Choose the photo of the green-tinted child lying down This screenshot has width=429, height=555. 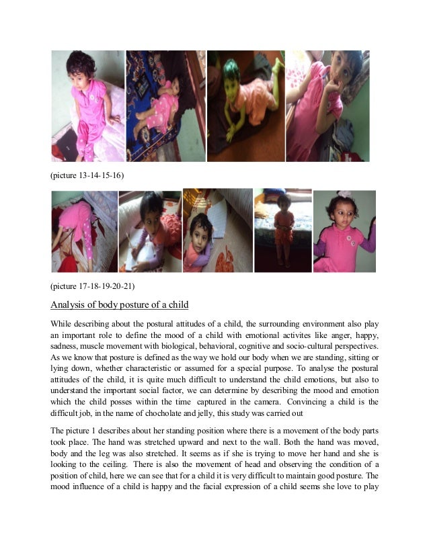coord(245,105)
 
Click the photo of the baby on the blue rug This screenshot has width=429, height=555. coord(165,105)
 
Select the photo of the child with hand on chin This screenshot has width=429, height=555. coord(327,105)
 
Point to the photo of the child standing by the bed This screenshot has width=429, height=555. coord(282,230)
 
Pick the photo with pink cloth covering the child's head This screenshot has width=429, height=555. coord(84,230)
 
